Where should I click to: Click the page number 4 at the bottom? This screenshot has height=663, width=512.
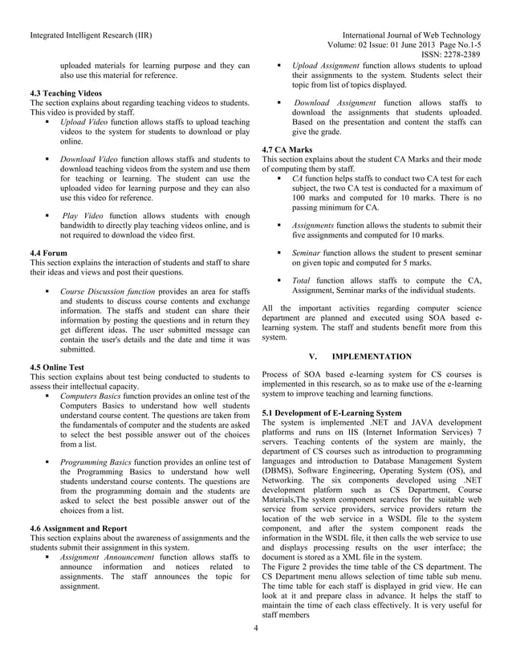[x=254, y=649]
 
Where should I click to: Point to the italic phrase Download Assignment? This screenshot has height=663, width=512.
[x=334, y=103]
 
